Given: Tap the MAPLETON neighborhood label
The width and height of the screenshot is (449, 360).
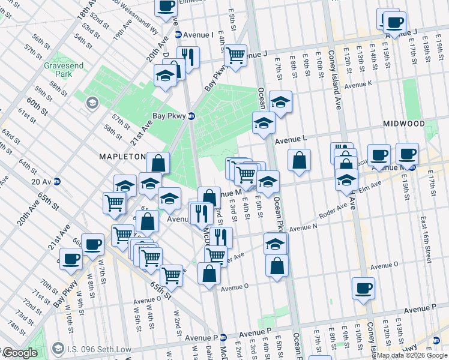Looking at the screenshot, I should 122,157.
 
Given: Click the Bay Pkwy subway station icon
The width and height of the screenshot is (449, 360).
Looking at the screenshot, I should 191,116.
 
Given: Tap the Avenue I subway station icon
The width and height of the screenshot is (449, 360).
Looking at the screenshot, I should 179,35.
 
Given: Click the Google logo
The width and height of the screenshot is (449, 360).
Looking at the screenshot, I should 19,353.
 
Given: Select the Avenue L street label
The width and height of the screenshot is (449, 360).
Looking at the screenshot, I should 291,139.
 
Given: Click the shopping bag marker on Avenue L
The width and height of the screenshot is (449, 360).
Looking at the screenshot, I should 299,160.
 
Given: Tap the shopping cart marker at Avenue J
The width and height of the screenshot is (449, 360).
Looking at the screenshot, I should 235,55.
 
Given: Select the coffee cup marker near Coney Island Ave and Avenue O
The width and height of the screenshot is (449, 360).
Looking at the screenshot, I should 364,287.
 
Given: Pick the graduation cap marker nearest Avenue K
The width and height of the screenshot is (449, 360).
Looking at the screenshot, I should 280,101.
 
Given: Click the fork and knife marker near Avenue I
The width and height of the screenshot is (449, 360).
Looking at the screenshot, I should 188,57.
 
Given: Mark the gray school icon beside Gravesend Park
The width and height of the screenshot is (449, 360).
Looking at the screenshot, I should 92,103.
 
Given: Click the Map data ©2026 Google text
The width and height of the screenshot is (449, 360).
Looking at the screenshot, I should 411,355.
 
